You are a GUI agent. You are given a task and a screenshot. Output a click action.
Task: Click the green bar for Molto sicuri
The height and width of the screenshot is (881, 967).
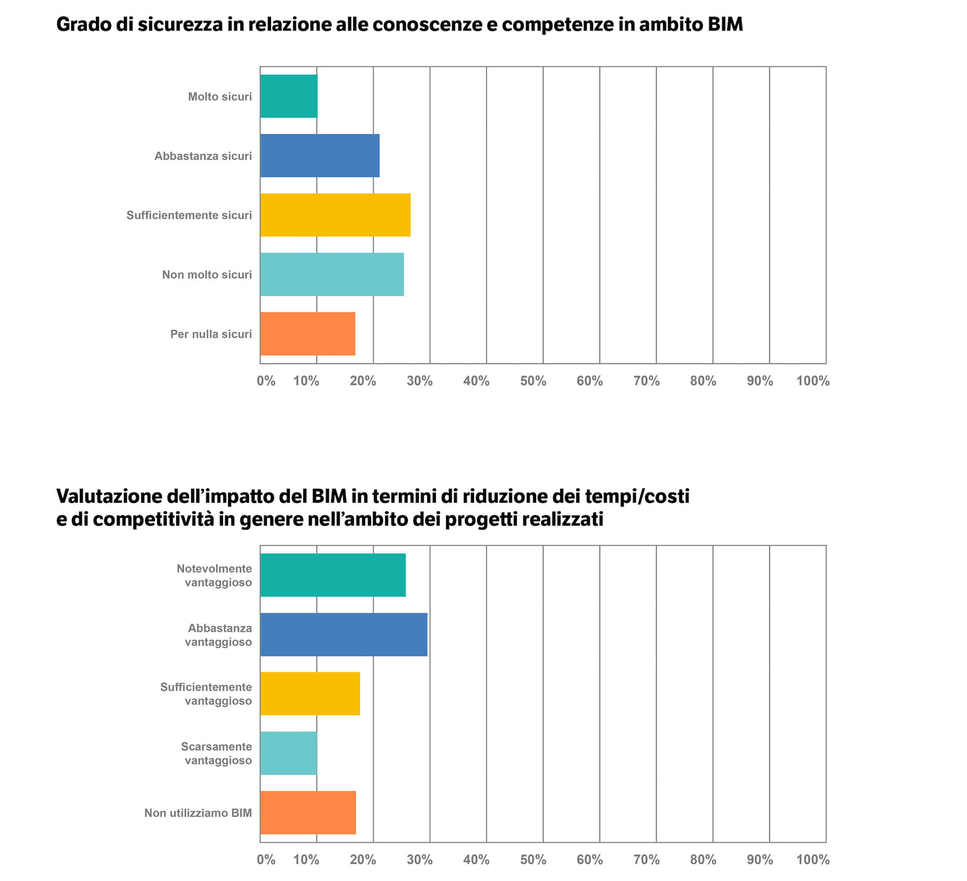[289, 96]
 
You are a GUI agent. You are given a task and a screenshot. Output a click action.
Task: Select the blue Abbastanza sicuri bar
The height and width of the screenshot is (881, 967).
[320, 156]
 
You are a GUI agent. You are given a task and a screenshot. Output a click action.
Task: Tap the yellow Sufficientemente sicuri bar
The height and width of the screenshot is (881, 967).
[335, 215]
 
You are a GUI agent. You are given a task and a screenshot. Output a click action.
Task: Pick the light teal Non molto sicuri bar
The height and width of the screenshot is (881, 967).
[332, 275]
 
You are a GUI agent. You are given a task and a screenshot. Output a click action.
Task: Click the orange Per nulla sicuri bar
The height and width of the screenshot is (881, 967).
[307, 334]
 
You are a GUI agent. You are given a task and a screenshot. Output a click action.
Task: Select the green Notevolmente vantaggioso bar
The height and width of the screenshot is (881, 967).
[333, 575]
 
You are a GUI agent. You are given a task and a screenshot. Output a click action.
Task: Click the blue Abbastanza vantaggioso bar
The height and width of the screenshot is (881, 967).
[344, 634]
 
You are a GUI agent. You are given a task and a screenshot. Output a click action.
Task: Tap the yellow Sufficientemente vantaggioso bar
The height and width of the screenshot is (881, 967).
[310, 694]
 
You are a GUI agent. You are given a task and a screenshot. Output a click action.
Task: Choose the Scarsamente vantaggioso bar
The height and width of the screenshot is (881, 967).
[289, 753]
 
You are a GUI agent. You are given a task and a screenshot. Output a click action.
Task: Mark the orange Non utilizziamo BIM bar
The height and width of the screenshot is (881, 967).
[308, 813]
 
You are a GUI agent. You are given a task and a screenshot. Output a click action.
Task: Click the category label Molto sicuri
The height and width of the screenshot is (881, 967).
[220, 97]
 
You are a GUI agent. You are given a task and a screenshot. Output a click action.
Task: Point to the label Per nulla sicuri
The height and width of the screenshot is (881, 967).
[211, 334]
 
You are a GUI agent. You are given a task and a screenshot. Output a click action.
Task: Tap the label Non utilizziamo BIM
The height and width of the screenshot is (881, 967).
[198, 813]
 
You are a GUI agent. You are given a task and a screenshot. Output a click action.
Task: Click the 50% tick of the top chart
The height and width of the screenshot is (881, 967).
[533, 381]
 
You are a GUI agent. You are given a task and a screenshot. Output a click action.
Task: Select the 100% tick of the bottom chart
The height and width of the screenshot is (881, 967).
[813, 860]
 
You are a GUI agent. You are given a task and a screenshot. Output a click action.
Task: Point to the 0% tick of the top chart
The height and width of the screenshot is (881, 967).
[266, 381]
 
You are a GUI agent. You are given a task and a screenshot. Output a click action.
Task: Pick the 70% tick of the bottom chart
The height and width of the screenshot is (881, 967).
[646, 860]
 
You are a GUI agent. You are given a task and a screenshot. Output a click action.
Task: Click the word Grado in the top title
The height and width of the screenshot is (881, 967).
[83, 24]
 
